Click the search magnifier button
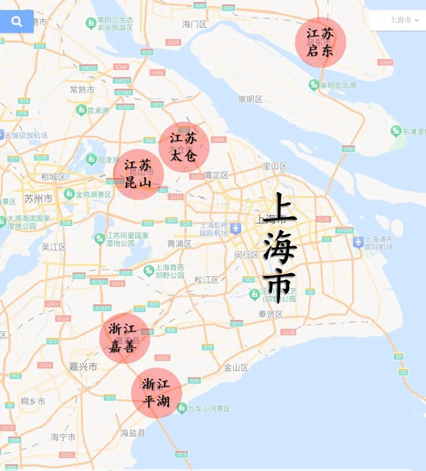[x=16, y=21]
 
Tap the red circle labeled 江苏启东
[x=320, y=42]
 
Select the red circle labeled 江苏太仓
[x=184, y=147]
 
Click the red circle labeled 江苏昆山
[x=138, y=174]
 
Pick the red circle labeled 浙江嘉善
[x=125, y=338]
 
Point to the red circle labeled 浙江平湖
[x=156, y=393]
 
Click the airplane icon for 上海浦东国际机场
[x=358, y=242]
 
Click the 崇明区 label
[x=250, y=99]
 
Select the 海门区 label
[x=195, y=24]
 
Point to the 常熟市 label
[x=82, y=90]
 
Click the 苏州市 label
[x=38, y=199]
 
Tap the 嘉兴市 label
[x=83, y=367]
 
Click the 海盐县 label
[x=133, y=433]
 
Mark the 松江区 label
[x=206, y=280]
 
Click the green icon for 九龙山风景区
[x=182, y=408]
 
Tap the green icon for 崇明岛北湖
[x=313, y=85]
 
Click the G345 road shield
[x=385, y=62]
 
